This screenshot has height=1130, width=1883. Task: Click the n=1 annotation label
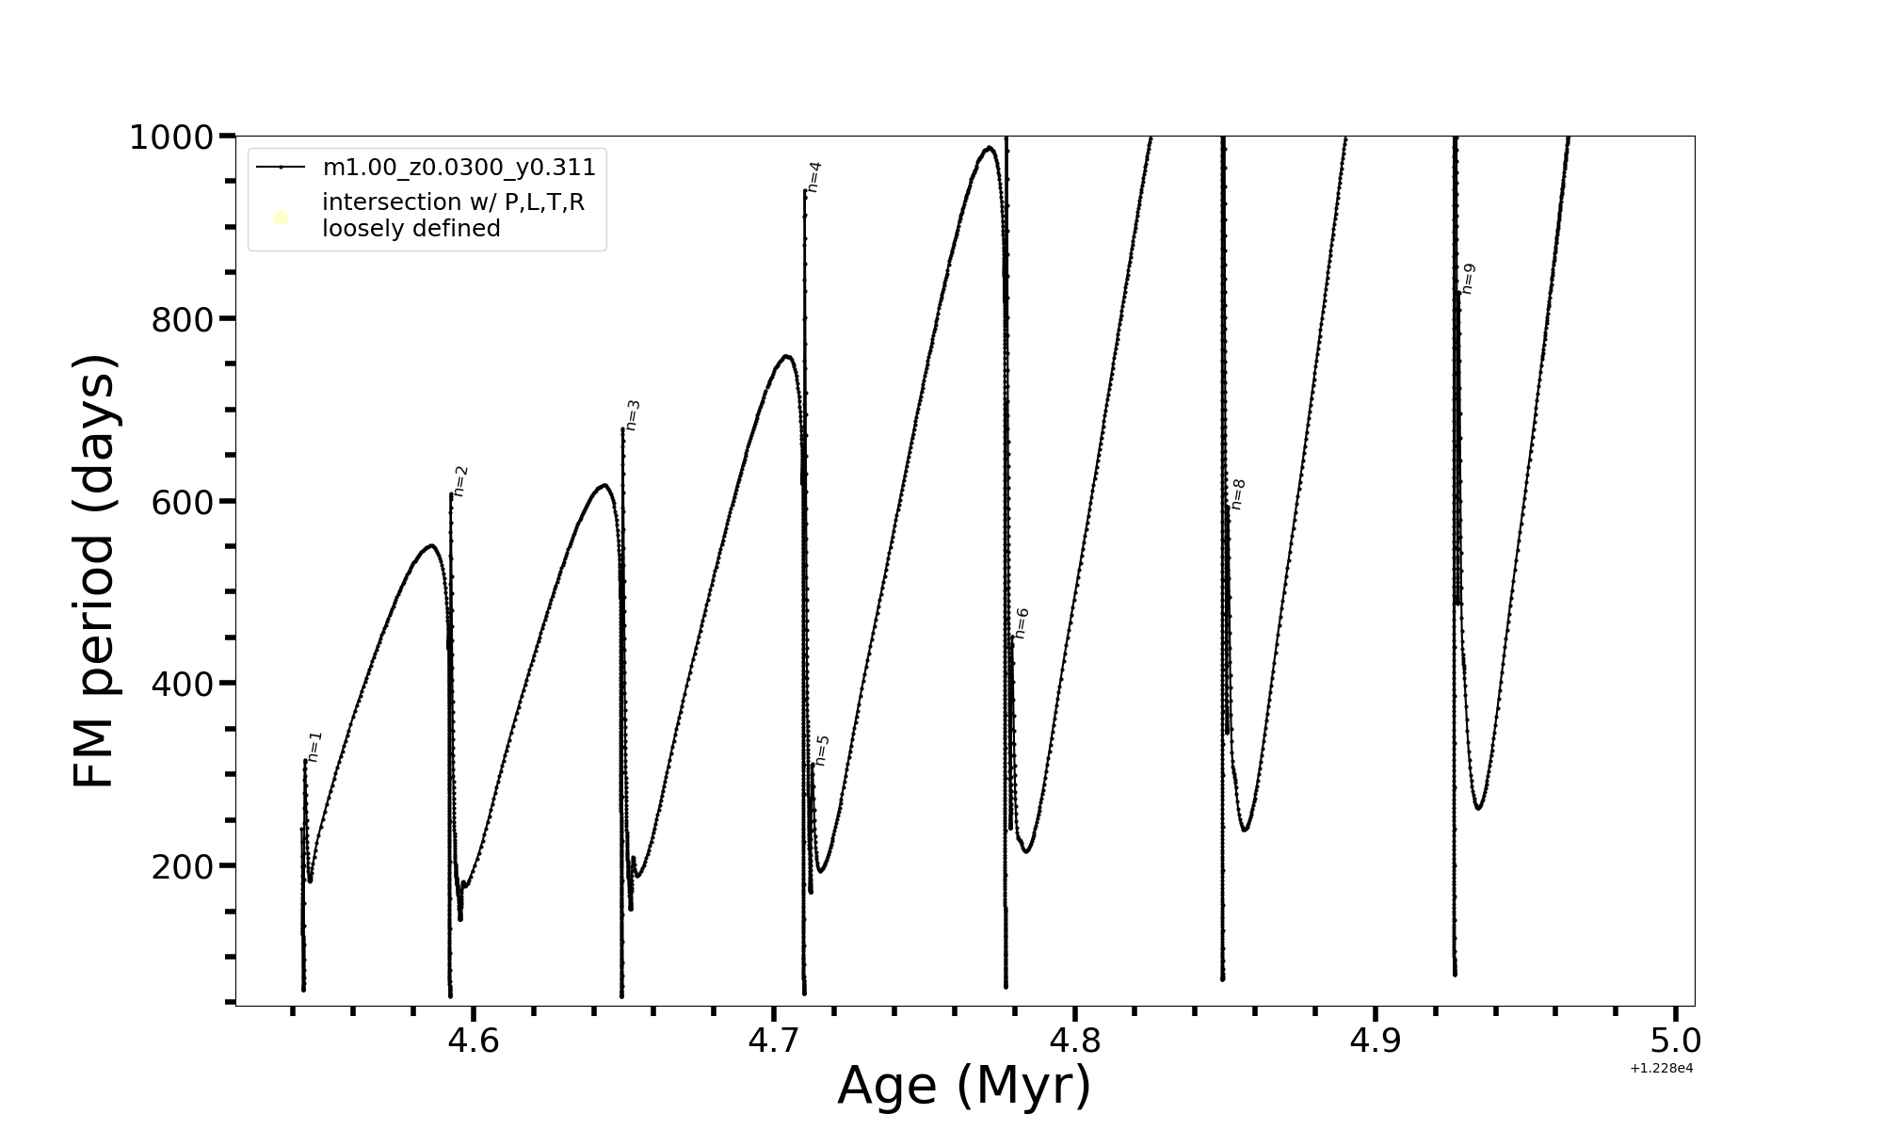coord(315,746)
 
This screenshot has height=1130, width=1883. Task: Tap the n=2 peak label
coord(460,480)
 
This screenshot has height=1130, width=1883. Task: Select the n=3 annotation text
coord(633,415)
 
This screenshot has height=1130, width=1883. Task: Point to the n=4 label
coord(814,177)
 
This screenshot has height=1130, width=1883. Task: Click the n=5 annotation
coord(822,751)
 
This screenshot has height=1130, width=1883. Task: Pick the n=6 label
coord(1022,623)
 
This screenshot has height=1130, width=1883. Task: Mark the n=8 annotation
coord(1238,494)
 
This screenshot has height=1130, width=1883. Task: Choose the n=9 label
coord(1468,279)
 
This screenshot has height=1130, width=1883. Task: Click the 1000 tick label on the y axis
coord(170,137)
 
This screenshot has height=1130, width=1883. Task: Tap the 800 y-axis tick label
coord(182,320)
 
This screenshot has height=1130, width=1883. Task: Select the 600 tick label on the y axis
coord(182,502)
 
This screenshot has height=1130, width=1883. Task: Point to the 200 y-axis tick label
coord(182,866)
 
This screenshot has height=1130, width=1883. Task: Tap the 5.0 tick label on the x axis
coord(1676,1041)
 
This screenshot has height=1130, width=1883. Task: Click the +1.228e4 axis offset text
coord(1662,1068)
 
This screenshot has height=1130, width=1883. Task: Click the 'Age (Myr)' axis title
coord(964,1086)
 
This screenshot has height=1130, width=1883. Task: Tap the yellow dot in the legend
coord(281,218)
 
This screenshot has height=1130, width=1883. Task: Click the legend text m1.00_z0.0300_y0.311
coord(459,168)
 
